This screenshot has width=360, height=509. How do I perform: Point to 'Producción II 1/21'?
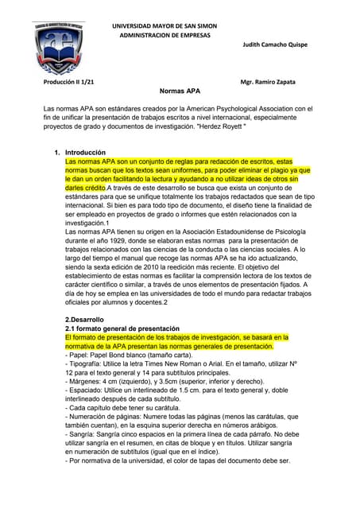pyautogui.click(x=68, y=83)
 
